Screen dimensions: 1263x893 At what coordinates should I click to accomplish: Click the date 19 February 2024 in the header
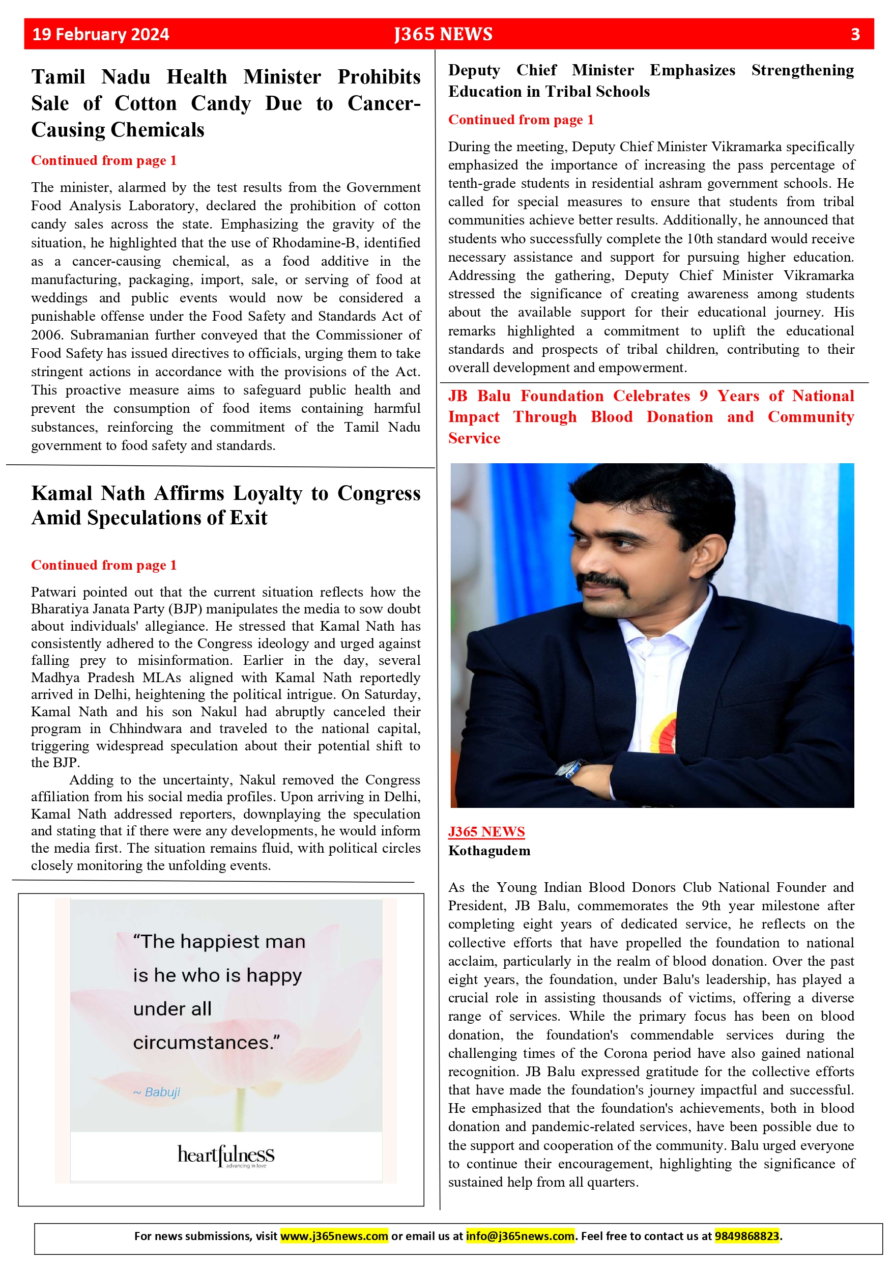tap(101, 35)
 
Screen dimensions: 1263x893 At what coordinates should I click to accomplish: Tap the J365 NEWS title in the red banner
tap(443, 35)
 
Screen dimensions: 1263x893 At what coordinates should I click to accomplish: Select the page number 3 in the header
tap(855, 35)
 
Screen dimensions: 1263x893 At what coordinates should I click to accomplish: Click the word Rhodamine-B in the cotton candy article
tap(313, 243)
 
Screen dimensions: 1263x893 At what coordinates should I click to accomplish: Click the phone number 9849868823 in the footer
tap(747, 1236)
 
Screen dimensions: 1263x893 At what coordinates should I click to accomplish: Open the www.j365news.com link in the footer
tap(334, 1236)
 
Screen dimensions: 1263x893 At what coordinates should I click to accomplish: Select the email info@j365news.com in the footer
tap(520, 1236)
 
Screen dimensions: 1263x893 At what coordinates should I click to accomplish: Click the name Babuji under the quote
tap(162, 1092)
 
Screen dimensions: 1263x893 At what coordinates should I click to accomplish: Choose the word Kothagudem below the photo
tap(489, 851)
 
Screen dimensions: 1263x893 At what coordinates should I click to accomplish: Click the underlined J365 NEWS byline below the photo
tap(486, 832)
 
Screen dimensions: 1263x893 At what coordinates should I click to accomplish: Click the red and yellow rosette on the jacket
tap(664, 732)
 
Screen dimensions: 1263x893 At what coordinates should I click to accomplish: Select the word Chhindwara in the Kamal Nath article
tap(146, 729)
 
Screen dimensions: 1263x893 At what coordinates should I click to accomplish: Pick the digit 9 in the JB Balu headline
tap(703, 396)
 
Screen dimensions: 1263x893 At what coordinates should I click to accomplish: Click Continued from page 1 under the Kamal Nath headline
tap(104, 565)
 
